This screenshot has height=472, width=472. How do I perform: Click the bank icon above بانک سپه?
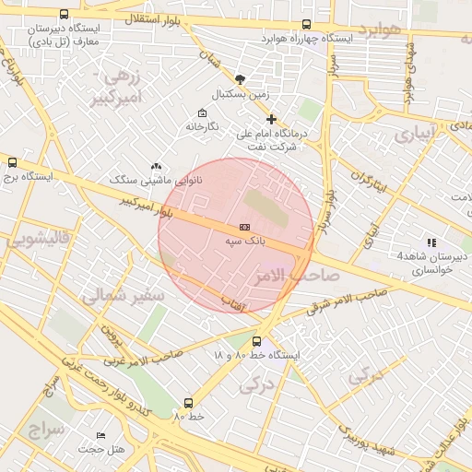[244, 226]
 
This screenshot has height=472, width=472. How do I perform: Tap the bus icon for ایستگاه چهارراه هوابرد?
[306, 25]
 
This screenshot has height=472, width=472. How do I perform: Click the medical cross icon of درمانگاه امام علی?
[271, 119]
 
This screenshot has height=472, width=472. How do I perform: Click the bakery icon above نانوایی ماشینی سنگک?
[155, 165]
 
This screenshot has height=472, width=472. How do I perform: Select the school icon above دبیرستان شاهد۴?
[431, 242]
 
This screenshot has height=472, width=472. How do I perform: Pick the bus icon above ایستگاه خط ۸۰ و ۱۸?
[256, 341]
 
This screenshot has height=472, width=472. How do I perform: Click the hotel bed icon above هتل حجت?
[100, 435]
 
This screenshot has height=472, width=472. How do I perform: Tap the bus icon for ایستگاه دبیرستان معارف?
[63, 15]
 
